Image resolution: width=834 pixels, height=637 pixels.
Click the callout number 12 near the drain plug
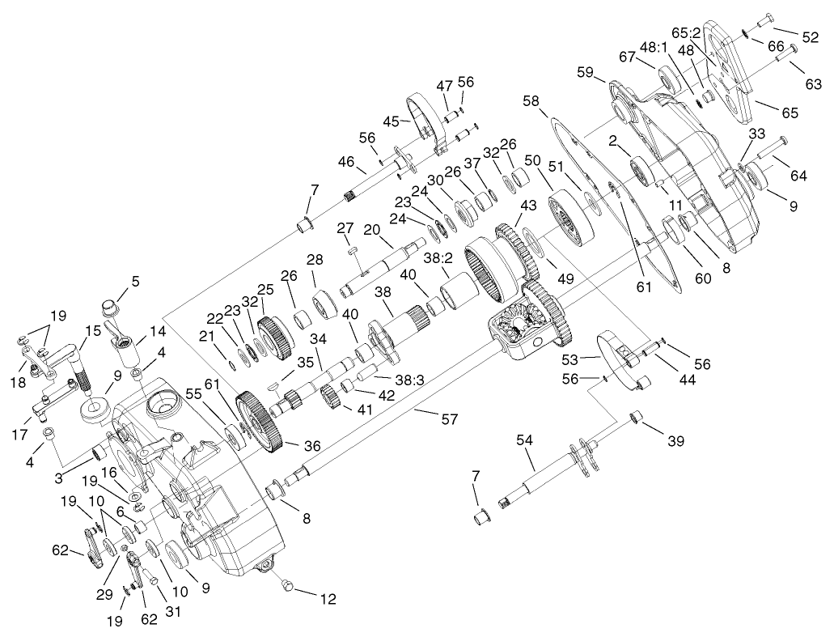click(328, 599)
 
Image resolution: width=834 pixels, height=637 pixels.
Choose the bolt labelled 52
click(767, 20)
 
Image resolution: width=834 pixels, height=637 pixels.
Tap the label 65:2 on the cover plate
click(696, 35)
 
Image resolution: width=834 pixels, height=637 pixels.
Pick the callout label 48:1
click(654, 47)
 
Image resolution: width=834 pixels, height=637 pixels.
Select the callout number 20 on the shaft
click(372, 230)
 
